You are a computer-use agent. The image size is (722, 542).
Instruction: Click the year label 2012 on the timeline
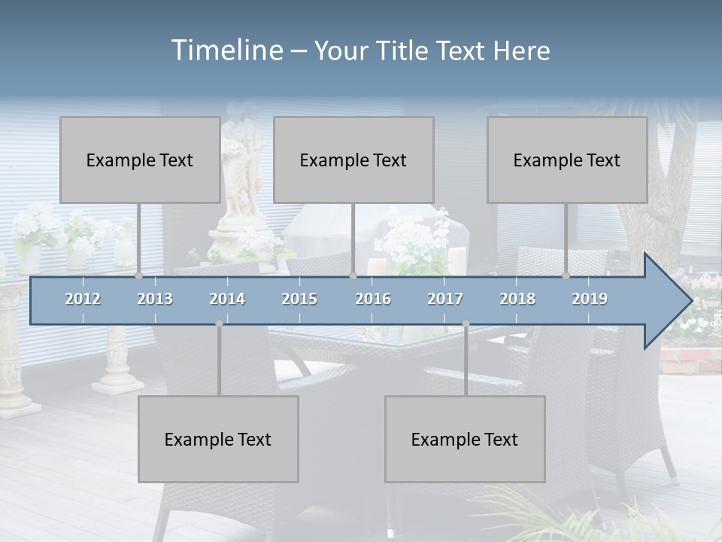tap(83, 299)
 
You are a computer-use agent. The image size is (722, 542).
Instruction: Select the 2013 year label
tap(155, 299)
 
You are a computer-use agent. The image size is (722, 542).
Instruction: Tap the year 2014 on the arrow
tap(227, 299)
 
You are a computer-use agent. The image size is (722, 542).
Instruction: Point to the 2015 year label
tap(299, 299)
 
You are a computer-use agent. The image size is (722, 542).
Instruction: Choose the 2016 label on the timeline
tap(373, 299)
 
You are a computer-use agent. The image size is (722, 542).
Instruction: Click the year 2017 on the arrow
tap(445, 299)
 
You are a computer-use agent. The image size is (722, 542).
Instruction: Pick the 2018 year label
tap(517, 299)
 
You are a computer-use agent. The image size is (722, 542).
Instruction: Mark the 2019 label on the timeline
tap(590, 299)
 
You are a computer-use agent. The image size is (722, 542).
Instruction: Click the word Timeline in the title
tap(226, 50)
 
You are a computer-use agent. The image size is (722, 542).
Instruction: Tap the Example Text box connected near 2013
tap(140, 160)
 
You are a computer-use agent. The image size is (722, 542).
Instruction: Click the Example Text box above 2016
tap(353, 160)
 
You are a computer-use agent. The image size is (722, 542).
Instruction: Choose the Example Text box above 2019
tap(567, 160)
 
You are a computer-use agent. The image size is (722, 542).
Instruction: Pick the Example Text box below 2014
tap(218, 439)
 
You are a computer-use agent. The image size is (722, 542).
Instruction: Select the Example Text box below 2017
tap(465, 439)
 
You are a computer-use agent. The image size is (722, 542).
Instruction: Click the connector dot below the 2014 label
tap(219, 324)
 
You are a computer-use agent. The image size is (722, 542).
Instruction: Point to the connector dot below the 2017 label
tap(466, 324)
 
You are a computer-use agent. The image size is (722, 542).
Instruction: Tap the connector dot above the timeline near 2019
tap(566, 276)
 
